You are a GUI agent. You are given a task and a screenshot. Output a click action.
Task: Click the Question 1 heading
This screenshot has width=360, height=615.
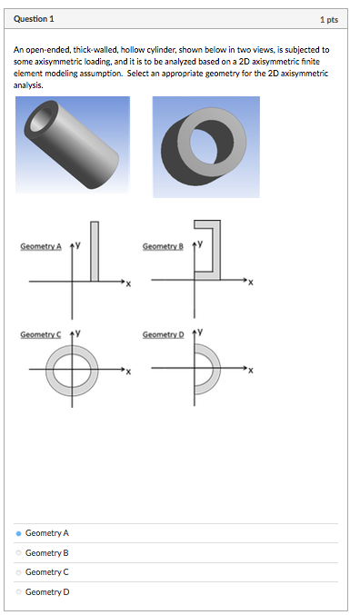[34, 19]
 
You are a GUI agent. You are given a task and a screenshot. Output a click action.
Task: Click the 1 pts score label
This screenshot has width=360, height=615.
[328, 19]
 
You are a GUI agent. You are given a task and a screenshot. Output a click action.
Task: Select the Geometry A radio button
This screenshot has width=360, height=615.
[19, 533]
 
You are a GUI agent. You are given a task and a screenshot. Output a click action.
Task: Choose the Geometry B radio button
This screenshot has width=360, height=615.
[19, 553]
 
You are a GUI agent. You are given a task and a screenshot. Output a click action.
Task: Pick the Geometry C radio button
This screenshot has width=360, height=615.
[19, 572]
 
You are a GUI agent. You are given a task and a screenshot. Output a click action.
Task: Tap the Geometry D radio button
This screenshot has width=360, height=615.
[19, 592]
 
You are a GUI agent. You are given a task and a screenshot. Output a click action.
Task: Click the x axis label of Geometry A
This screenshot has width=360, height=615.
[128, 285]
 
